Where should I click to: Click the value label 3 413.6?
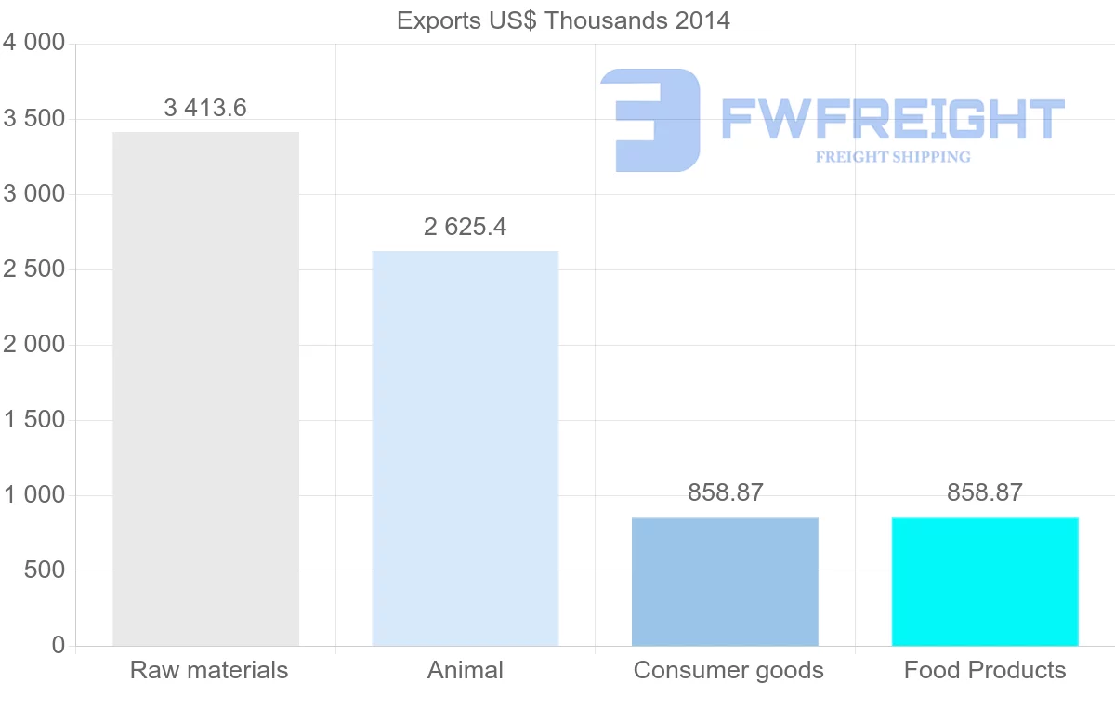click(205, 108)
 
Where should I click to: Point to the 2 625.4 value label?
click(465, 227)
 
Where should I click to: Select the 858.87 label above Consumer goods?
click(725, 493)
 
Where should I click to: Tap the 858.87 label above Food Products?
click(985, 493)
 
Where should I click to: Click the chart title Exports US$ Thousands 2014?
click(563, 20)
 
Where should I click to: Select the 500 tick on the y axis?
click(44, 571)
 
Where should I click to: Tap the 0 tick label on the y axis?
click(58, 646)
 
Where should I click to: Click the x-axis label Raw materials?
click(209, 670)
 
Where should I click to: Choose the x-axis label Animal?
click(465, 670)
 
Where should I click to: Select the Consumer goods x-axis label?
click(728, 670)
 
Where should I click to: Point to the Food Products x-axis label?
click(985, 670)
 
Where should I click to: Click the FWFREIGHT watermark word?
click(892, 120)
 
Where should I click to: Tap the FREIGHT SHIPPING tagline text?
click(893, 157)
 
